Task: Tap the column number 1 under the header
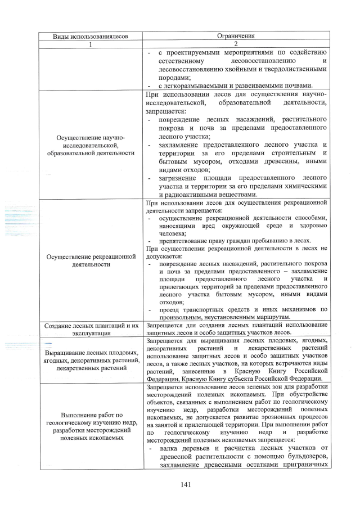pyautogui.click(x=91, y=44)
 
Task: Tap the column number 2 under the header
pyautogui.click(x=236, y=44)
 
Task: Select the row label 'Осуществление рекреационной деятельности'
pyautogui.click(x=91, y=260)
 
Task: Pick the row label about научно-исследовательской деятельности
pyautogui.click(x=91, y=145)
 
